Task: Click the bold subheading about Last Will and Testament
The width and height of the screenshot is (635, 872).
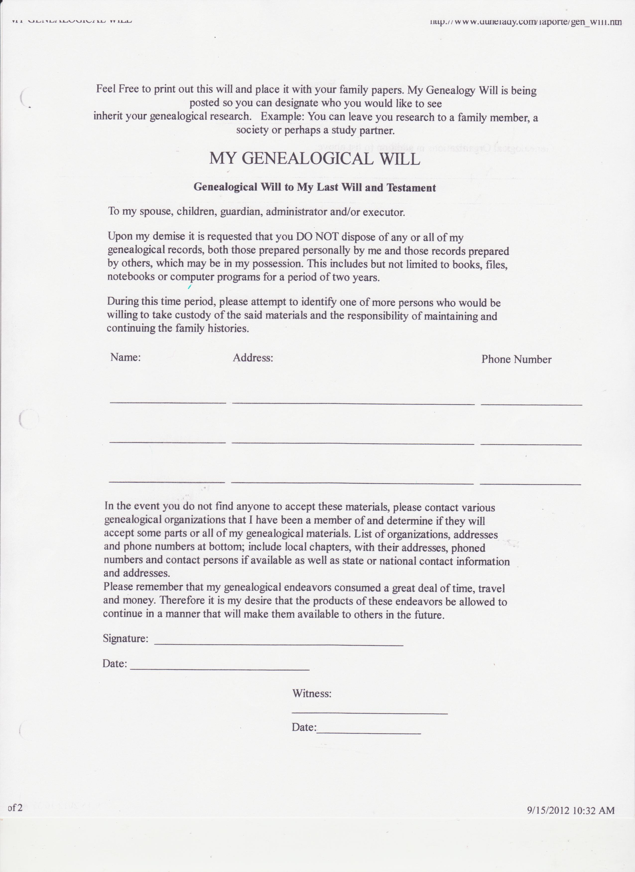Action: click(315, 187)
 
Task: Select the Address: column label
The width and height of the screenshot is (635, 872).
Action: click(253, 358)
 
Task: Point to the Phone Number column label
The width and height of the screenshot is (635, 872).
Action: click(516, 359)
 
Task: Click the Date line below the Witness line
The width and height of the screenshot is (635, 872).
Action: click(368, 734)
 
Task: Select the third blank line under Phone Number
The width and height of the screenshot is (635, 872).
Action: click(530, 484)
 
